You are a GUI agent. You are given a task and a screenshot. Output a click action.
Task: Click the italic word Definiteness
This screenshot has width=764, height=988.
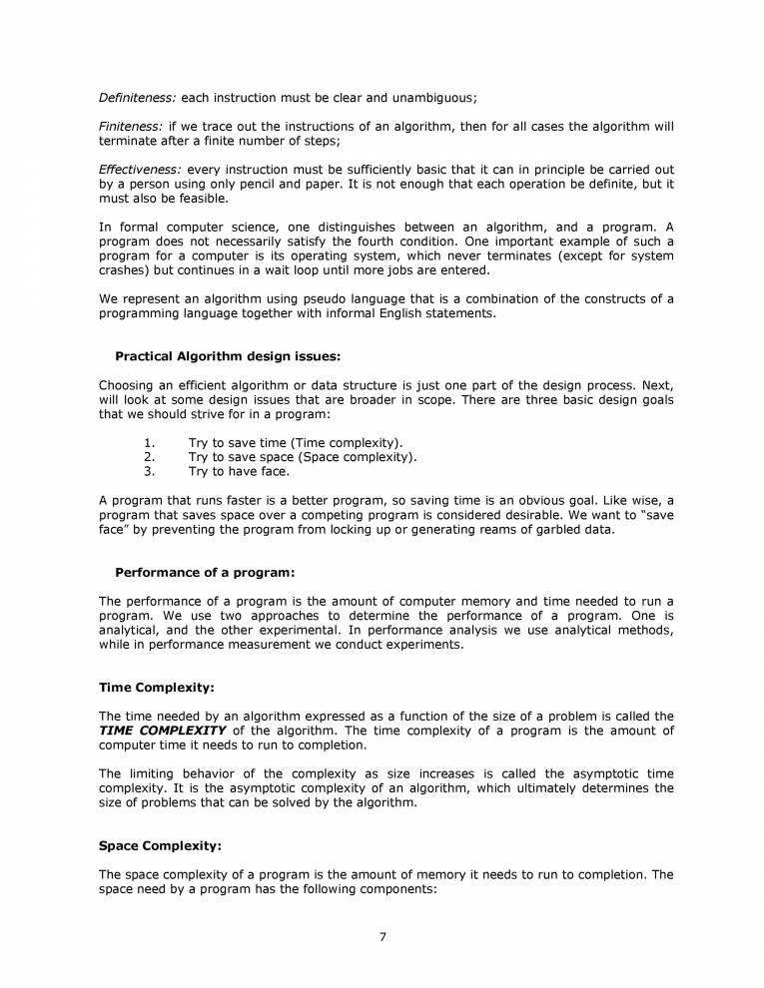point(138,97)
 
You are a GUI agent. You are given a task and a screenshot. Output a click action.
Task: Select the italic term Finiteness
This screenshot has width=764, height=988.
point(131,127)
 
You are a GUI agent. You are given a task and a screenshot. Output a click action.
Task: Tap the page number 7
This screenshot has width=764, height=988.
point(382,935)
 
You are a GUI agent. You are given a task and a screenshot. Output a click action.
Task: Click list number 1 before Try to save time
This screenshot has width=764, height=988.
point(150,442)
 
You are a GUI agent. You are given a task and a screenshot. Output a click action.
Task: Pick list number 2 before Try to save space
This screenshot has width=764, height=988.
point(150,457)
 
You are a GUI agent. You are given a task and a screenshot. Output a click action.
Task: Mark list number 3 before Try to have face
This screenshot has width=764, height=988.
point(150,472)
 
